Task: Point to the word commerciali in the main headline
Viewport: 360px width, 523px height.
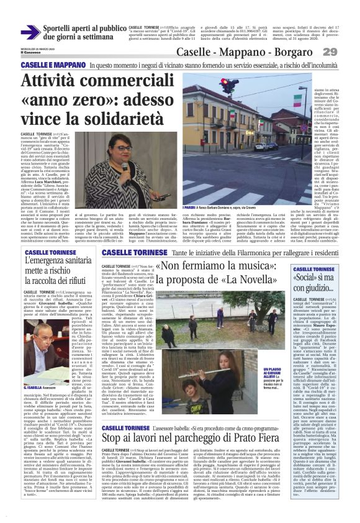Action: coord(133,82)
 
